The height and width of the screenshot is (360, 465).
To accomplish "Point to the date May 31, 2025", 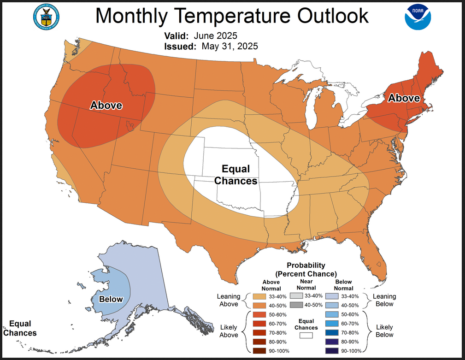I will [x=230, y=46].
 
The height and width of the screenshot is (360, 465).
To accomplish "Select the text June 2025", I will [x=216, y=35].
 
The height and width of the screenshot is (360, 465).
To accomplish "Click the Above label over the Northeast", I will [x=404, y=98].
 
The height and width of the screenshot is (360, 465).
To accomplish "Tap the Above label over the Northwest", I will [x=106, y=105].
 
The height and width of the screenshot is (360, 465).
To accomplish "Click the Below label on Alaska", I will [x=111, y=299].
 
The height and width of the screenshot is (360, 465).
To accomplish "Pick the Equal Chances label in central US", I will [x=236, y=175].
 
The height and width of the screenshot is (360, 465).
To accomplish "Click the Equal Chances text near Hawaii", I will [x=19, y=328].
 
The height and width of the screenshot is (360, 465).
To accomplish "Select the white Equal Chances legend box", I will [x=306, y=336].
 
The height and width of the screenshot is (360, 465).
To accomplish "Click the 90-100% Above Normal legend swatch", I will [x=259, y=351].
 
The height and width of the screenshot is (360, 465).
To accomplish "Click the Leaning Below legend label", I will [x=384, y=300].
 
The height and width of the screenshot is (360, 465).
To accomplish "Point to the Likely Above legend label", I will [x=229, y=331].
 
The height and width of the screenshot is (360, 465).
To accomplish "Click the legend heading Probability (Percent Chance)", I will [x=306, y=270].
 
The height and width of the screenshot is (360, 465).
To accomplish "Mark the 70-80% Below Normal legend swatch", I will [x=332, y=332].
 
